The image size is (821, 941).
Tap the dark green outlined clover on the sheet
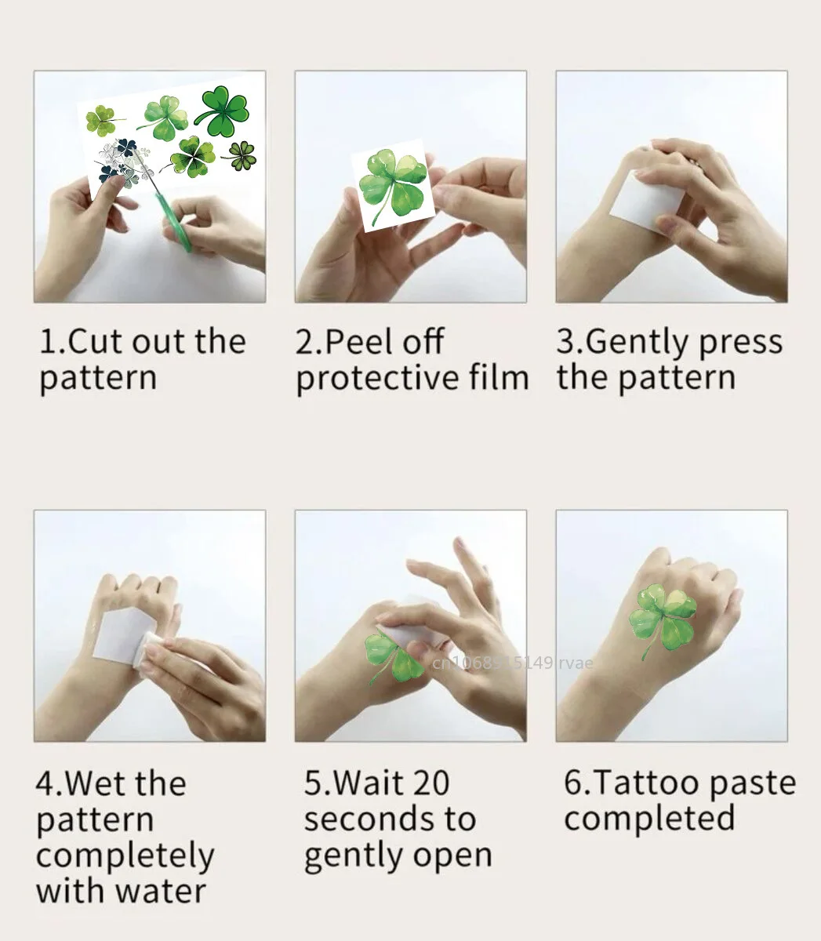tap(223, 111)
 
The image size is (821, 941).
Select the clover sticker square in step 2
tap(391, 186)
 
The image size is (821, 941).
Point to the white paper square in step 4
tap(126, 639)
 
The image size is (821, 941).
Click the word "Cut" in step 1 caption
tap(93, 342)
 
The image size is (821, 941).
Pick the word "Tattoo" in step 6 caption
tap(644, 783)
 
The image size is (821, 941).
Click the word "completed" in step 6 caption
tap(649, 819)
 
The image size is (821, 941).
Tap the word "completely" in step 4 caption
tap(125, 856)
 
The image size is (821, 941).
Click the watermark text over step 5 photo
tap(513, 663)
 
